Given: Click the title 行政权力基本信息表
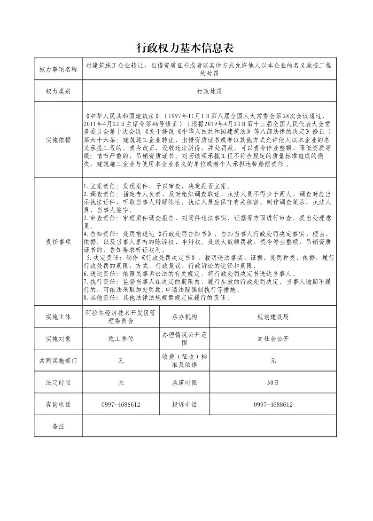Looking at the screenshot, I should (x=186, y=47).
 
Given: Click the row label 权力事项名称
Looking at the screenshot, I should (x=58, y=70).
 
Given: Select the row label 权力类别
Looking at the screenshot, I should (x=58, y=91).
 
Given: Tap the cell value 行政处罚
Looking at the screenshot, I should (x=209, y=91).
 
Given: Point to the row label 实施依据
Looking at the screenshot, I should (x=58, y=140).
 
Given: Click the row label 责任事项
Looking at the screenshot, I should (x=58, y=241).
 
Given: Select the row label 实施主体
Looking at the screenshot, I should (x=58, y=317).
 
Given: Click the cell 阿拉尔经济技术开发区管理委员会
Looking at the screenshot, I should (x=121, y=317).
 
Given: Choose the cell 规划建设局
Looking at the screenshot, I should (x=273, y=317).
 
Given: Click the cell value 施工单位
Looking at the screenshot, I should (x=121, y=339).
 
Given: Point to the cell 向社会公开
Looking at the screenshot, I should (x=273, y=339).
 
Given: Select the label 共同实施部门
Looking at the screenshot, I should (x=58, y=361).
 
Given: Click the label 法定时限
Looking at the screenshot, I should (x=58, y=383).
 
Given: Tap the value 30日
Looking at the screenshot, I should (x=273, y=383).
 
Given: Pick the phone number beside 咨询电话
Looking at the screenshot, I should (x=121, y=404).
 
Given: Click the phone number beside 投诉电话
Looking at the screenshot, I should (x=273, y=404).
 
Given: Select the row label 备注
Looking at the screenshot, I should (x=58, y=426).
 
